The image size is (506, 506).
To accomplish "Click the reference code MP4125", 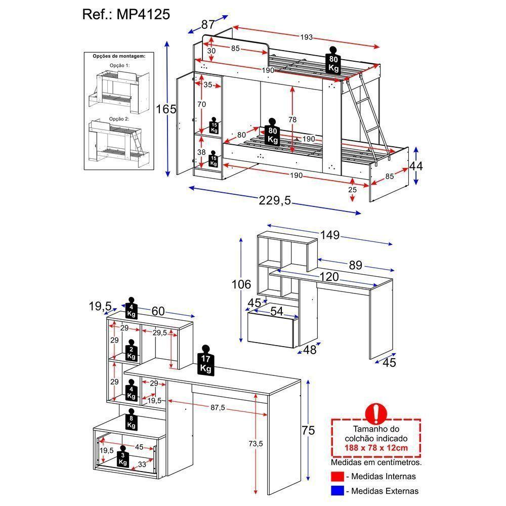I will point(143,14).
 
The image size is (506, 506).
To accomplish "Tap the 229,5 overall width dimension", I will point(275,201).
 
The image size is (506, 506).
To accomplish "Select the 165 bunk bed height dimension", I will point(165,109).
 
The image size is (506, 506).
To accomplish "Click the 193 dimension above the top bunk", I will point(307,37).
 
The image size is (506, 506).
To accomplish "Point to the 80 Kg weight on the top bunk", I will point(333,61).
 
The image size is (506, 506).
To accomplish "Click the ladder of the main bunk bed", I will point(368,116).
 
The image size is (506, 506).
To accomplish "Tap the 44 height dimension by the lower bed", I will point(416,165).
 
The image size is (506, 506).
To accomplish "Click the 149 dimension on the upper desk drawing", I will point(329,235).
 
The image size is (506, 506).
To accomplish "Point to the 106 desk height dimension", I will point(241,285).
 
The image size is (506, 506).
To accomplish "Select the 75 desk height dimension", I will point(308,431).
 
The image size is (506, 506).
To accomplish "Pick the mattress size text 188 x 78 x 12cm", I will point(375,448).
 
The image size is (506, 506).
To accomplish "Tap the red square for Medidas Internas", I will point(338,477).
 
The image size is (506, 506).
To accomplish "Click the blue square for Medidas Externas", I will point(338,491).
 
